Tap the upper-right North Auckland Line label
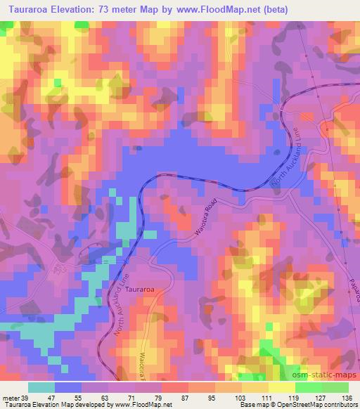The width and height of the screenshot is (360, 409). (292, 152)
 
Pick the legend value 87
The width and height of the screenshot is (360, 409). (188, 397)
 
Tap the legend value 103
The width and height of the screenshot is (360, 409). (240, 397)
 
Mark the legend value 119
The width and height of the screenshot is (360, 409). (293, 397)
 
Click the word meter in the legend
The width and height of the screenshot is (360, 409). (10, 397)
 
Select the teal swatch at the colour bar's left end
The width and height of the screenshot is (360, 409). (41, 387)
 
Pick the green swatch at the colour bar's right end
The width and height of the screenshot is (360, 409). (335, 387)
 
